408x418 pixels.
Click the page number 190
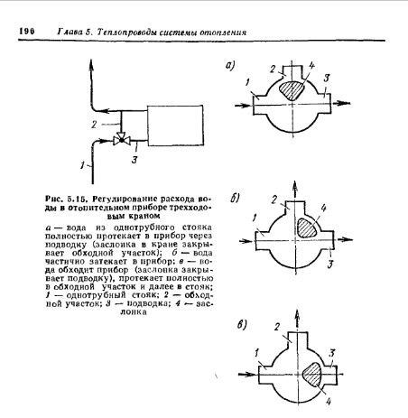tap(27, 31)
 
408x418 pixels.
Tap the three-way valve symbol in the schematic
tap(122, 139)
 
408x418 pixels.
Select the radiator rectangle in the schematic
tap(175, 125)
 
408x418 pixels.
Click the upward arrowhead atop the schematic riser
tap(91, 65)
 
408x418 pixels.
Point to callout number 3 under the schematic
tap(134, 159)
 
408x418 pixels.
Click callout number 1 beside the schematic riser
tap(82, 165)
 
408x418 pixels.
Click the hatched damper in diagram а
tap(292, 90)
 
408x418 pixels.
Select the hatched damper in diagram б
tap(307, 228)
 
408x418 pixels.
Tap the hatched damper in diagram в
tap(312, 374)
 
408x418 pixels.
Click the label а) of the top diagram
tap(230, 65)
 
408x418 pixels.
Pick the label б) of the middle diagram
tap(235, 198)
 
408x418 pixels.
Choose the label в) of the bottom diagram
tap(242, 324)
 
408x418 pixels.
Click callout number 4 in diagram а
tap(311, 65)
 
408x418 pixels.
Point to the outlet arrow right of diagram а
tap(340, 103)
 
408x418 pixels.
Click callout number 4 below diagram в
tap(328, 401)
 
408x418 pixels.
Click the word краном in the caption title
tap(144, 216)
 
